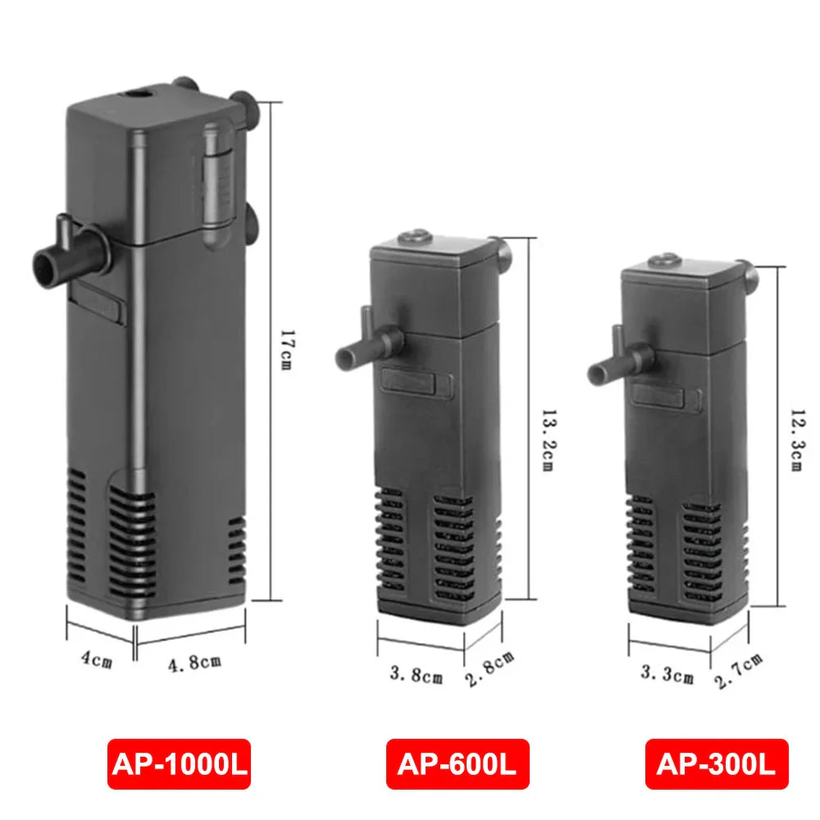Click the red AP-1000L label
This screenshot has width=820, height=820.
point(178,764)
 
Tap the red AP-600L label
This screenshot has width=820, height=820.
point(458,764)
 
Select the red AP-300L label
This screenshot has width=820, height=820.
point(716,764)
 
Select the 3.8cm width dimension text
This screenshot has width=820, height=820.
point(416,676)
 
